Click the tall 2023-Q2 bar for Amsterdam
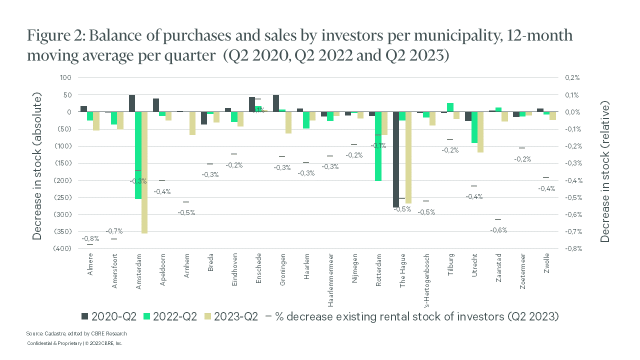coord(144,172)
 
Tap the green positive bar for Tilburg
coord(450,107)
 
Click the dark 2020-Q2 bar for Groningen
coord(276,103)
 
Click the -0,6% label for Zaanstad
coord(498,230)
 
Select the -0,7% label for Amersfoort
coord(114,231)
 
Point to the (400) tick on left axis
coord(65,248)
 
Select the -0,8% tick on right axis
coord(572,248)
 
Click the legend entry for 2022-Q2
coord(172,316)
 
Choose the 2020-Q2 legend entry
coord(109,316)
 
